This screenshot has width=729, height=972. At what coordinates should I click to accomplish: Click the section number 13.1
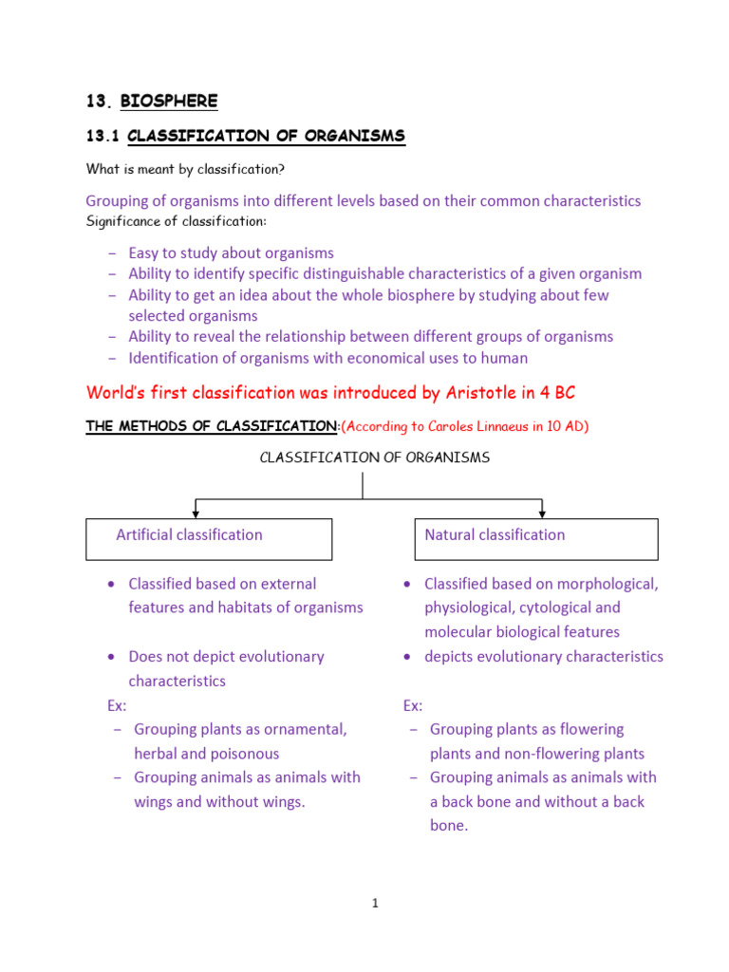coord(102,137)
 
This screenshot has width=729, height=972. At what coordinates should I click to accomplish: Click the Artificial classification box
coord(209,538)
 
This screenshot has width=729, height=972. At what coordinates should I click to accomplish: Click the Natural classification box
coord(535,538)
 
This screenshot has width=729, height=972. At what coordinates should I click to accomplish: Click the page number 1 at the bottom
coord(376,904)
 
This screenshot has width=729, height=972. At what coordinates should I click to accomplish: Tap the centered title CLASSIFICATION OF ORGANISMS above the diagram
coord(375,458)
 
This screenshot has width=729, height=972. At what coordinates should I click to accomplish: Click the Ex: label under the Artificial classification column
coord(117,705)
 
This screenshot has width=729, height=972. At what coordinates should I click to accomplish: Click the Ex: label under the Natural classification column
coord(413,705)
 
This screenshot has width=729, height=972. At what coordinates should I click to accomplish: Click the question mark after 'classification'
coord(281,169)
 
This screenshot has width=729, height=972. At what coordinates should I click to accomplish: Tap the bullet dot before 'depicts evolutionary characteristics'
coord(406,657)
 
